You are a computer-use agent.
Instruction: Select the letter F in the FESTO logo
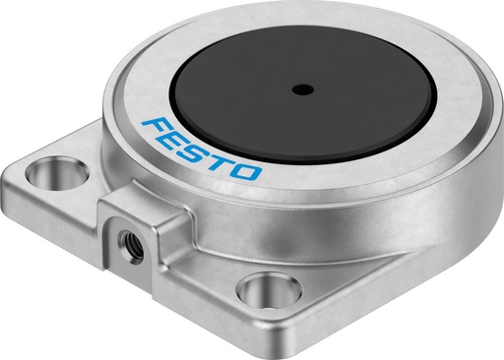[158, 127]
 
